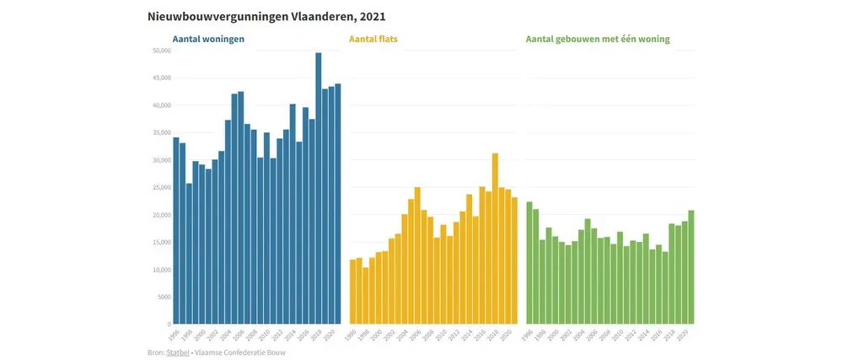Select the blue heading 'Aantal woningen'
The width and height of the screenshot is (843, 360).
209,39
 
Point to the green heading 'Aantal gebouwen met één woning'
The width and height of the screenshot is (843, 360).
598,39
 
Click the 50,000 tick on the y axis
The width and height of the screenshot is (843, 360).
159,51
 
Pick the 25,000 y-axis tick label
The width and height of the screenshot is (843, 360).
159,187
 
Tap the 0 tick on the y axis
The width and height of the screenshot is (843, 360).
167,324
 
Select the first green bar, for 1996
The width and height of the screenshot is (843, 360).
529,262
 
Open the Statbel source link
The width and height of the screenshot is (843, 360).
178,352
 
